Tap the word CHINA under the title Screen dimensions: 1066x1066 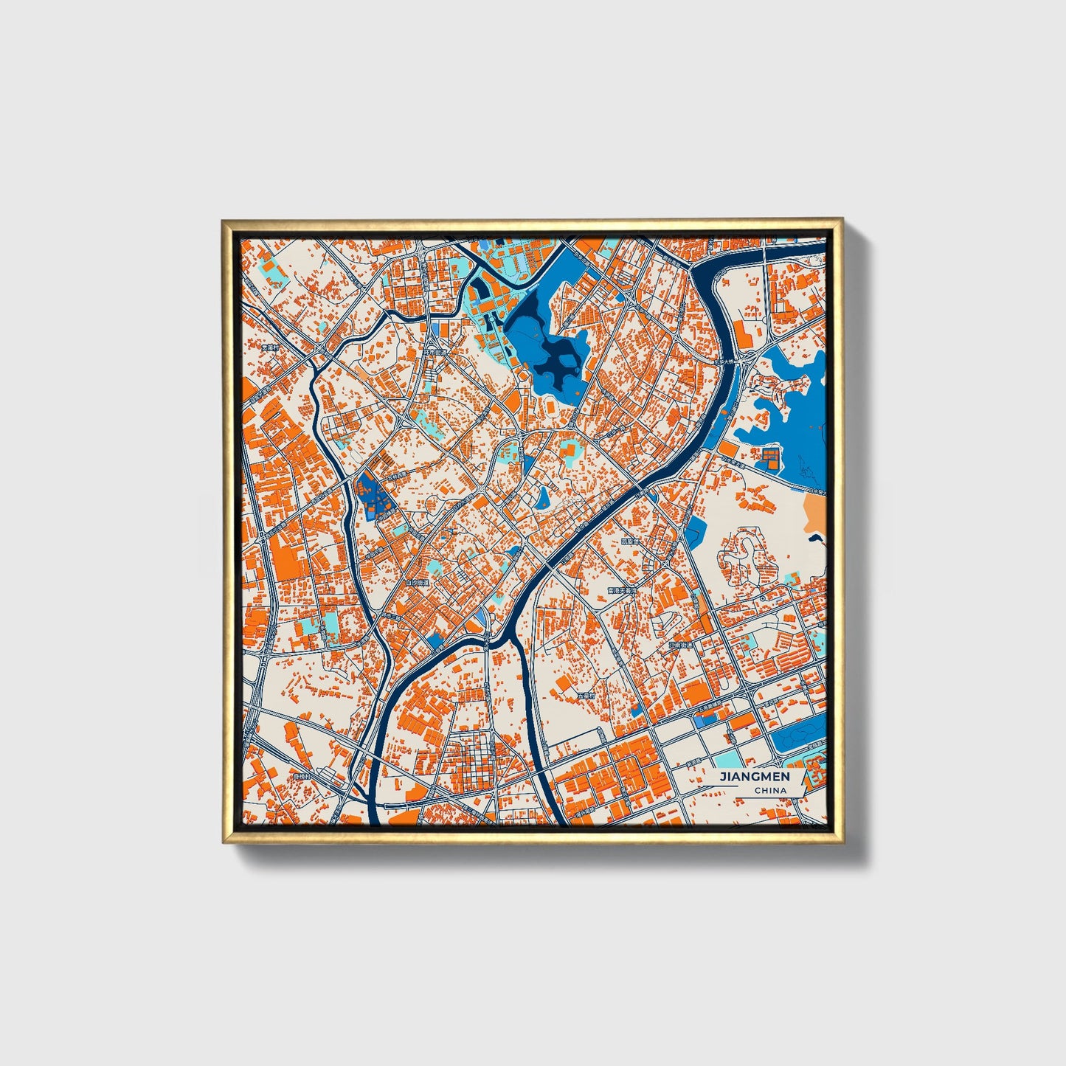coord(769,791)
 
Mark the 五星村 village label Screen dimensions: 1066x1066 coord(586,696)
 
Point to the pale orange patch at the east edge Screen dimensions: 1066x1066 coord(815,512)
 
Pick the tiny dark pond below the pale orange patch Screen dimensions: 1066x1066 coord(814,538)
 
